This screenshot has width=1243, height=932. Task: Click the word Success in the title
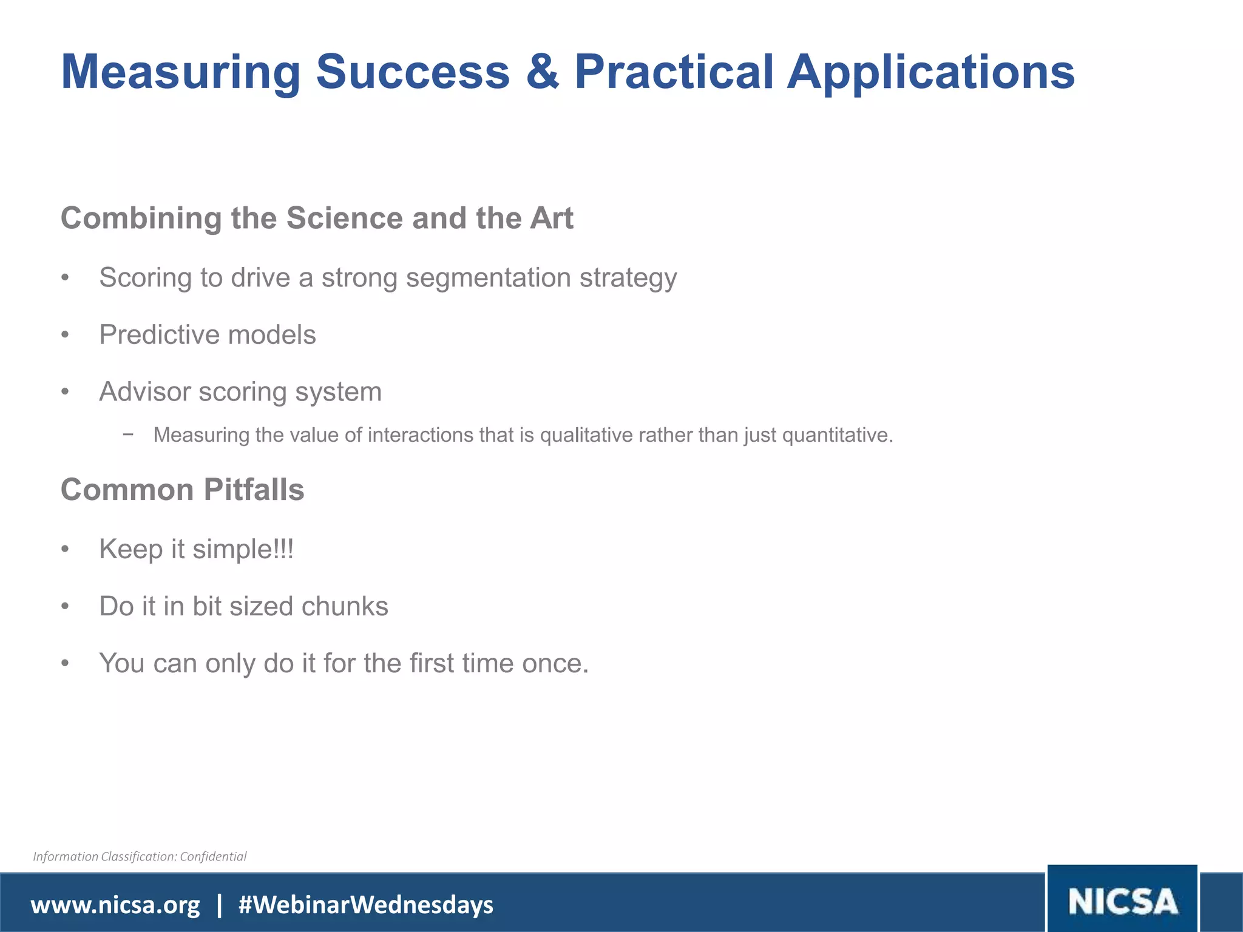(413, 72)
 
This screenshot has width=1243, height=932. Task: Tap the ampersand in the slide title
(542, 72)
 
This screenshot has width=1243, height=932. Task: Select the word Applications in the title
(931, 72)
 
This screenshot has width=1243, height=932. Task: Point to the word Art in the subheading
(551, 218)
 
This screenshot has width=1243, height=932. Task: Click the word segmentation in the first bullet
(488, 278)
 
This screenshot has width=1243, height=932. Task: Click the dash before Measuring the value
(127, 434)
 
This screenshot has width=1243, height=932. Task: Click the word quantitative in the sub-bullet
(838, 435)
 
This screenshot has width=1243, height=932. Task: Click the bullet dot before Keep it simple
(66, 549)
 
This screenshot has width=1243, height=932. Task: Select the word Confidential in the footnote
(213, 856)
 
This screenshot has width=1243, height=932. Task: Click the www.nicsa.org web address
(115, 905)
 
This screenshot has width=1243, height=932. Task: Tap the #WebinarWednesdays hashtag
(366, 905)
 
